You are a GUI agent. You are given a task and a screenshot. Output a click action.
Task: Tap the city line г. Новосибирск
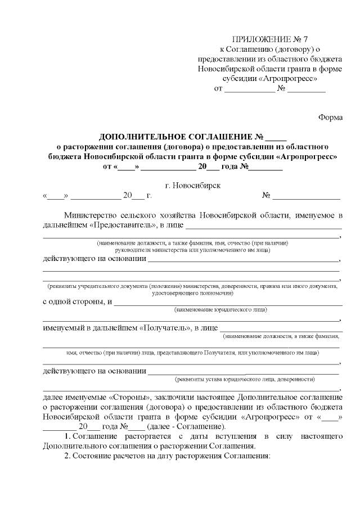coord(193,185)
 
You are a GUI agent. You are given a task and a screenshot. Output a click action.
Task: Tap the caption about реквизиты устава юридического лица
coord(245,379)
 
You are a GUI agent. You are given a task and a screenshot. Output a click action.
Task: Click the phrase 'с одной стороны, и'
coord(77,302)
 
